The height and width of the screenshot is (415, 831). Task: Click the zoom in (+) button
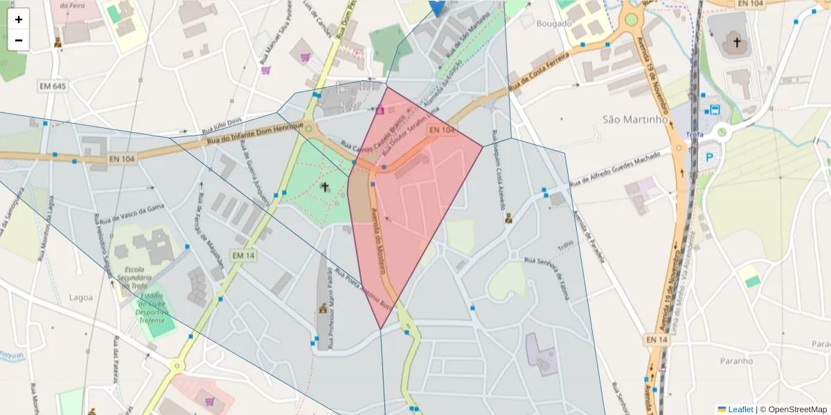tap(19, 19)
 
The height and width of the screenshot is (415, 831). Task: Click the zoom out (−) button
tap(19, 40)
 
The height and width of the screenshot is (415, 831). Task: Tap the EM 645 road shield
tap(53, 86)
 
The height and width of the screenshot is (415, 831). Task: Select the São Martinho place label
tap(635, 120)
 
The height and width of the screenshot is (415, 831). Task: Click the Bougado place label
tap(554, 24)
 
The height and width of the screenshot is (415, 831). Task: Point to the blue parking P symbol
tap(709, 157)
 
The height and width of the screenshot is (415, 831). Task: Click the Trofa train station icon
tap(715, 109)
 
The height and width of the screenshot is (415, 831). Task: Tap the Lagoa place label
tap(81, 297)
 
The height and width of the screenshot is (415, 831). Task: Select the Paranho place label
tap(735, 360)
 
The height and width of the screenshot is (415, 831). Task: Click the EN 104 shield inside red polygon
tap(441, 130)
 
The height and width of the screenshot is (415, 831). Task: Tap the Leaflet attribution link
tap(740, 409)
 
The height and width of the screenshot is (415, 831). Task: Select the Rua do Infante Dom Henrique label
tap(254, 133)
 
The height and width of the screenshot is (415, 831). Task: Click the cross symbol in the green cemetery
tap(324, 187)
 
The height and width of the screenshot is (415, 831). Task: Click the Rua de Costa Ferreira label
tap(540, 71)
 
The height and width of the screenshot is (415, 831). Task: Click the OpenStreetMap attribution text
tap(794, 409)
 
